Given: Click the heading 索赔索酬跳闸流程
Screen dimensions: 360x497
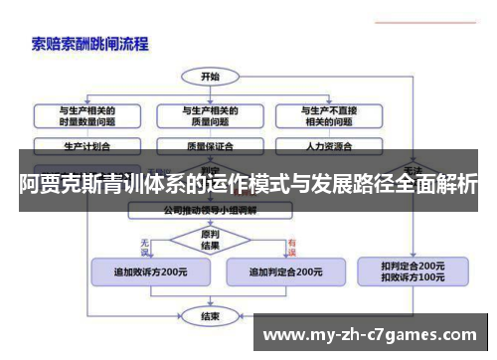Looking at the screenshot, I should (x=90, y=44).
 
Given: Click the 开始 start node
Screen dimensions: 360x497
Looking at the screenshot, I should (x=211, y=77).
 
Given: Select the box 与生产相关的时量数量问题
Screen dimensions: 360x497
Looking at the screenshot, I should (x=87, y=116).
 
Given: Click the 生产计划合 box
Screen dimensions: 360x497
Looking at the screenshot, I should (x=87, y=145).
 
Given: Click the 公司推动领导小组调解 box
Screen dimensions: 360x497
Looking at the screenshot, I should (x=211, y=211).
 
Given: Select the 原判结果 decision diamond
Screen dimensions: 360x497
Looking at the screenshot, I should (x=211, y=240).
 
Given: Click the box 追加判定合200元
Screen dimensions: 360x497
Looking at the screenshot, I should (x=284, y=270).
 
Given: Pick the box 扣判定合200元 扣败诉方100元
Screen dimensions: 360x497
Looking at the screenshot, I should (x=413, y=270).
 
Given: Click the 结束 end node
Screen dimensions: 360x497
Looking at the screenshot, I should (x=211, y=316).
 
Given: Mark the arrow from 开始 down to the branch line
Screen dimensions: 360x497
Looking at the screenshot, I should (x=211, y=91).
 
